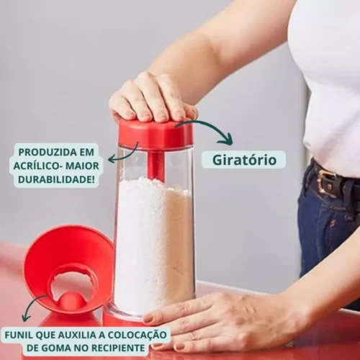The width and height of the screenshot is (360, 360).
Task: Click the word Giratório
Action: [244, 160]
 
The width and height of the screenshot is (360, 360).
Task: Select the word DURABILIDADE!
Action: [56, 179]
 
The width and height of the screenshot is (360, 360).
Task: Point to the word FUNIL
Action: [19, 335]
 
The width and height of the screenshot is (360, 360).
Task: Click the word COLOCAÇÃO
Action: [137, 335]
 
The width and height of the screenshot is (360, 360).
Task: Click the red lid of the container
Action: [156, 135]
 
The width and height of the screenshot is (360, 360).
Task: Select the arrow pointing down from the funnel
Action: [30, 306]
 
